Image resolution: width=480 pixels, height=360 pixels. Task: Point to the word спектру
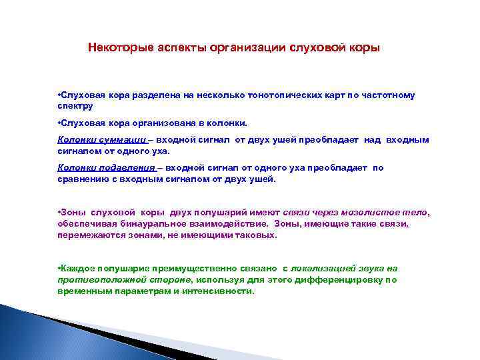click(x=75, y=106)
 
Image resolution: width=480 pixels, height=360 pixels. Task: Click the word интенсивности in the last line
click(x=222, y=292)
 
